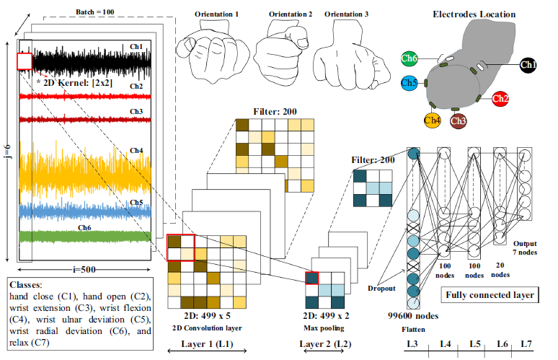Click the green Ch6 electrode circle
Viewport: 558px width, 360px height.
409,58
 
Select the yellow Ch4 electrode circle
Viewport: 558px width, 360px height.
433,120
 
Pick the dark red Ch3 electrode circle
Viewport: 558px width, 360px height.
458,120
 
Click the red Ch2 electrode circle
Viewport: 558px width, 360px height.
501,98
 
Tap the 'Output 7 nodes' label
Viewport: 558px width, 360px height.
525,247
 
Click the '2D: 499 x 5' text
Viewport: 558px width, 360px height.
207,315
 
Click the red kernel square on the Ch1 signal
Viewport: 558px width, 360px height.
24,61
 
